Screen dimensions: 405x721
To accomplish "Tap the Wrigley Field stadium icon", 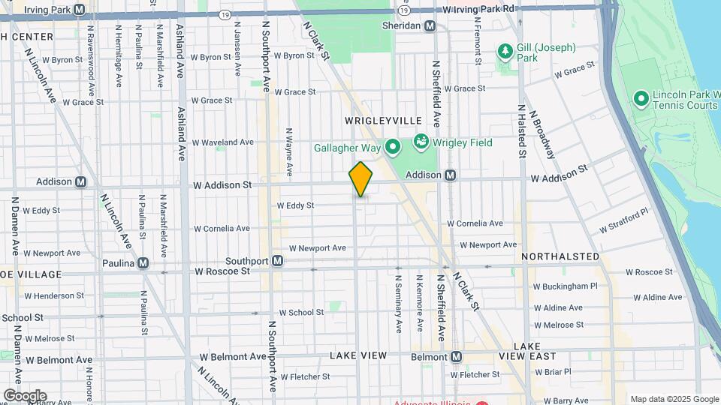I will point(421,142).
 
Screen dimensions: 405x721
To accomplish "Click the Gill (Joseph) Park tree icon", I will point(506,52).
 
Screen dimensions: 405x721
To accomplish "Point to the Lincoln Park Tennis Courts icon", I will point(641,98).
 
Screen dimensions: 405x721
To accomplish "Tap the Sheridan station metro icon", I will point(430,25).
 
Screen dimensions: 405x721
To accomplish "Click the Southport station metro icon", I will point(278,261).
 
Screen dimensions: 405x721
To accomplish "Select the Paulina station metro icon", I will point(143,263).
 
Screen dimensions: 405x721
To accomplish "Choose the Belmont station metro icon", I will point(455,357).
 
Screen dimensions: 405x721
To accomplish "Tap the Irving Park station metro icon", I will point(80,9).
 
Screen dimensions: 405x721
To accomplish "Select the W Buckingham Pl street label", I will point(565,286).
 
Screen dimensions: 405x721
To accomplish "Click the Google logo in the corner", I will point(25,396).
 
